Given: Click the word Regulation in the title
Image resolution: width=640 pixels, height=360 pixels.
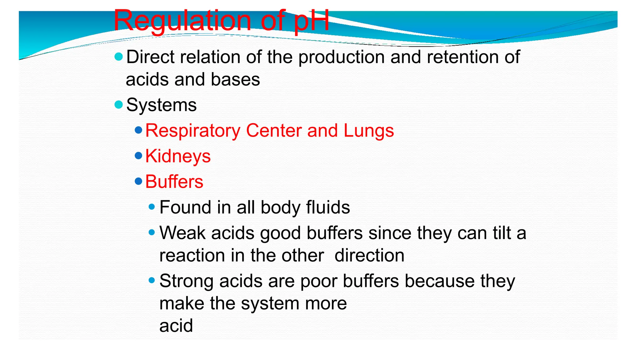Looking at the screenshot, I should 182,21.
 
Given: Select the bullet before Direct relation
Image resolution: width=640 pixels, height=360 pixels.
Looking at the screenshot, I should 119,57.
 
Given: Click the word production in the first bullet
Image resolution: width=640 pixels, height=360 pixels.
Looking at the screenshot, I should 342,57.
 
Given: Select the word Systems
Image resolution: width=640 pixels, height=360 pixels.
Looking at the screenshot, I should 162,105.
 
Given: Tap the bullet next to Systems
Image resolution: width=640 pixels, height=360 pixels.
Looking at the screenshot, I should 119,105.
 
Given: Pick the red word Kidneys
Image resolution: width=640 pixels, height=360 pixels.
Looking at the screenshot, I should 178,156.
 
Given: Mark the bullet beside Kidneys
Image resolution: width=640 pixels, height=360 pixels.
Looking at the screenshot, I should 138,156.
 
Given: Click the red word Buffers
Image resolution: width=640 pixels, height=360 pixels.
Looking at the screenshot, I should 174,182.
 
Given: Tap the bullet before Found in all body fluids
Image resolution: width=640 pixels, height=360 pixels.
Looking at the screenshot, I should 152,207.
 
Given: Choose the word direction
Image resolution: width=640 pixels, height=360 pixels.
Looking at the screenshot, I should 369,255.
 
